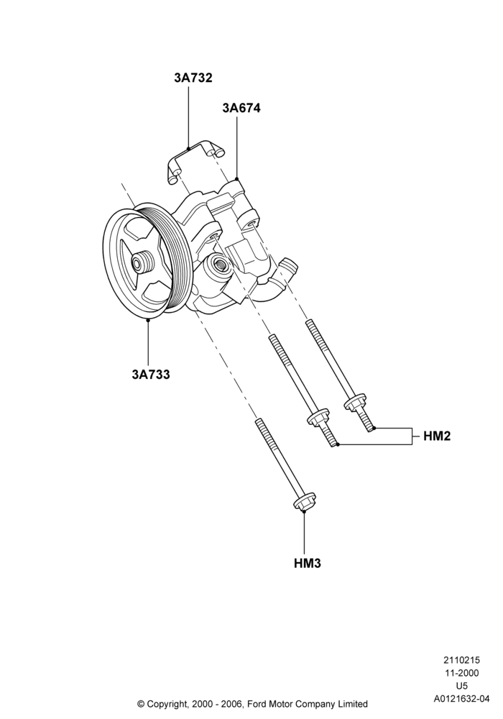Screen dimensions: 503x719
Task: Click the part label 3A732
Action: (x=193, y=78)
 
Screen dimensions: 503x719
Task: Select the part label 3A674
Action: (x=241, y=109)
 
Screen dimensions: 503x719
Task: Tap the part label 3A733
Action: (x=151, y=375)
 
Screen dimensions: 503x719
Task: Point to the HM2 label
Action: (x=437, y=436)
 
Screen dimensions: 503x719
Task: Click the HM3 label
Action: (x=308, y=563)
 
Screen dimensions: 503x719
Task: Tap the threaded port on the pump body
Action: (x=218, y=266)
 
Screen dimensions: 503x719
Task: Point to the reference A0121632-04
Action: (x=462, y=700)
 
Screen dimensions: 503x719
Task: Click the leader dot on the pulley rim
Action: (x=148, y=320)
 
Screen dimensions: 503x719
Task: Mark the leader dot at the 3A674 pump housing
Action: (x=237, y=178)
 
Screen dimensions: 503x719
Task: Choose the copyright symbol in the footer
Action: (x=141, y=703)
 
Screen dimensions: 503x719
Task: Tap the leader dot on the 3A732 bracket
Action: (x=189, y=147)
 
